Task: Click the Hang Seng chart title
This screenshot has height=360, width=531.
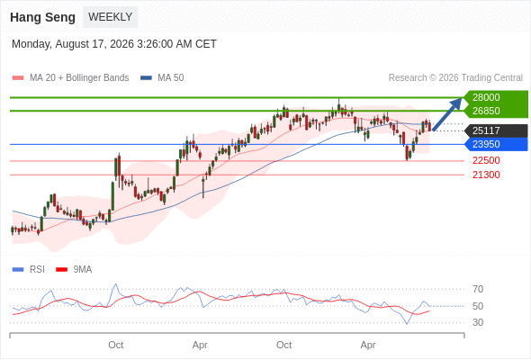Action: pos(42,17)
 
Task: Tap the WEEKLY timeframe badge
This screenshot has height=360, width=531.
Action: pos(111,17)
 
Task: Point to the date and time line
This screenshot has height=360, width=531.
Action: pos(114,44)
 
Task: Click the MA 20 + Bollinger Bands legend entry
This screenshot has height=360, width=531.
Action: pos(70,78)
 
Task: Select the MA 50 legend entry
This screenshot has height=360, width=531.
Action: pos(162,78)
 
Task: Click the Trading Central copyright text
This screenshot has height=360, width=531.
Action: pos(455,78)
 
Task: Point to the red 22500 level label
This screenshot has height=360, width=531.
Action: pos(486,160)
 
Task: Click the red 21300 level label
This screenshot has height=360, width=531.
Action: pos(486,175)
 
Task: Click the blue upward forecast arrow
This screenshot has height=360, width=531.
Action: pos(447,113)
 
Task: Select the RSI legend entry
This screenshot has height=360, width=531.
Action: pos(29,270)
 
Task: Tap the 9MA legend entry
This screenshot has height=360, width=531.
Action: pos(74,270)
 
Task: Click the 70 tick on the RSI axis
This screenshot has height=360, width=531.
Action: pos(478,289)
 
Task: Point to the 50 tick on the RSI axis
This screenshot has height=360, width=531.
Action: pos(478,306)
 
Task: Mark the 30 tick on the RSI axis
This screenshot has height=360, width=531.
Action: pos(478,322)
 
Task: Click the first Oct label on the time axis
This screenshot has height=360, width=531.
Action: pos(116,345)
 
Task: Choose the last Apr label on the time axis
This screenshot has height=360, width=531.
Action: pos(368,345)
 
